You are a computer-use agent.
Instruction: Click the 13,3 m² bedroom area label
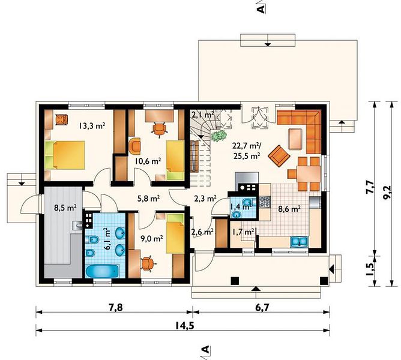[x=92, y=125]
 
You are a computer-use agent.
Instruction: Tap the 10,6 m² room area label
[x=148, y=161]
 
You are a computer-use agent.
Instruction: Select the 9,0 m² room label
[x=152, y=239]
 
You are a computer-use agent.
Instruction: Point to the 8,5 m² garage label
[x=65, y=208]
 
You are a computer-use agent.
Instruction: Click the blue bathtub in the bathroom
[x=102, y=271]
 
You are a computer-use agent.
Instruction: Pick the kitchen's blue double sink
[x=300, y=242]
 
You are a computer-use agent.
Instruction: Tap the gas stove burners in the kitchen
[x=265, y=202]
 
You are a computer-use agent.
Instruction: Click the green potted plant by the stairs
[x=219, y=136]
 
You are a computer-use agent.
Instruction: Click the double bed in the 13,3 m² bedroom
[x=65, y=155]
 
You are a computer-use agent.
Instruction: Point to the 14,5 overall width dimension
[x=185, y=325]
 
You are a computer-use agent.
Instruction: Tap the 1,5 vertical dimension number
[x=370, y=269]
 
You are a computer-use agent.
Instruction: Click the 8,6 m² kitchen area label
[x=289, y=209]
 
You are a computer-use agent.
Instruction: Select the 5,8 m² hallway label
[x=149, y=198]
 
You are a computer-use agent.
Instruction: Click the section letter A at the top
[x=261, y=9]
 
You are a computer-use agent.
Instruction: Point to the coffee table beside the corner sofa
[x=295, y=139]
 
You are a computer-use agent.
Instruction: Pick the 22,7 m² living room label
[x=247, y=146]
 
